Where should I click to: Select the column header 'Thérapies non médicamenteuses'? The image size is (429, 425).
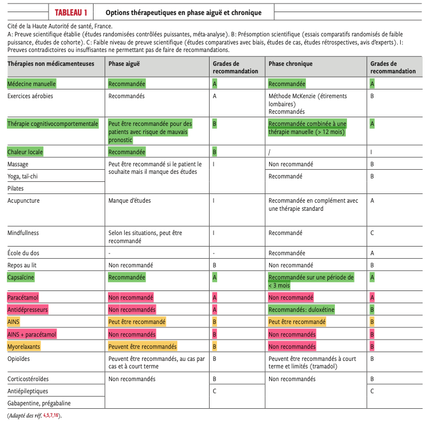[51, 64]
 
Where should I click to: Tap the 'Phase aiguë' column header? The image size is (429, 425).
[124, 64]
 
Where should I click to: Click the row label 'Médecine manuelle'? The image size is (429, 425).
[32, 84]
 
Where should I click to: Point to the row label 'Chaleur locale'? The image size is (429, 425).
[25, 152]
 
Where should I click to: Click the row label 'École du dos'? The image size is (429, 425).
[24, 253]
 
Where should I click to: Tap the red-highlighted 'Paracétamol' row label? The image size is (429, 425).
[24, 297]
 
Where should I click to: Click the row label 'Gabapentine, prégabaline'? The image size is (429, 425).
[39, 403]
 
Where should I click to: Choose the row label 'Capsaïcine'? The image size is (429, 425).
[23, 277]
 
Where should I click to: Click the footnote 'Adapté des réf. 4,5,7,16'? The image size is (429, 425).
[33, 416]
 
